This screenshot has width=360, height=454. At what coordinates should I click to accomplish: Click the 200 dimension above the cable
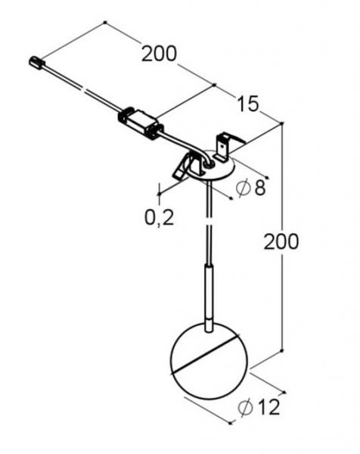pos(159,54)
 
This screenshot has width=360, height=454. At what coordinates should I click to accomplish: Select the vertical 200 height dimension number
pos(281,241)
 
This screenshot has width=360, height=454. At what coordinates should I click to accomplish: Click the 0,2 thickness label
pos(160,218)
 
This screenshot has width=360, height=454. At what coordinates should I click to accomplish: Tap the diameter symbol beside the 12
pos(245,407)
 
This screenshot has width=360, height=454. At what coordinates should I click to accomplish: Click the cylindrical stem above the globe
pos(207,291)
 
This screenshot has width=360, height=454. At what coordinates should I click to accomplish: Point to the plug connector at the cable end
pos(36,60)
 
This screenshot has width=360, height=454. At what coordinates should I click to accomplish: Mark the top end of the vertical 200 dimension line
pos(282,123)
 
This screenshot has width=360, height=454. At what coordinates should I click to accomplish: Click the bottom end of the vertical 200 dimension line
pos(282,351)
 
